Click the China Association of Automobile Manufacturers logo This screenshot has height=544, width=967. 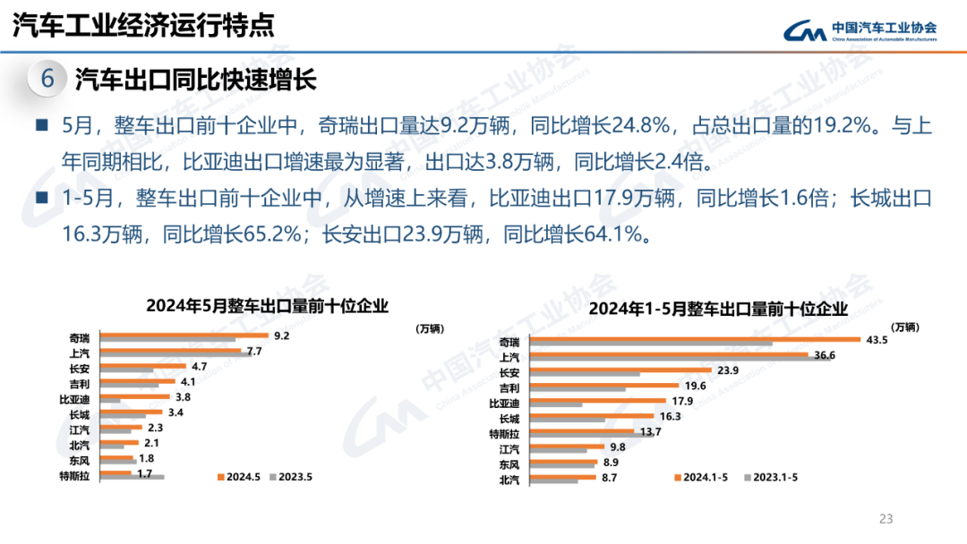point(860,31)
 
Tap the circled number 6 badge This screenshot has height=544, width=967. point(47,80)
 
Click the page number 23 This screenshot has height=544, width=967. point(886,518)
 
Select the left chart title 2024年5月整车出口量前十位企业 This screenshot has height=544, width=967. point(267,306)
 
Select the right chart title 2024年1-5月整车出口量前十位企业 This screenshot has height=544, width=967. point(717,310)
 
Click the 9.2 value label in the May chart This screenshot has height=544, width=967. point(281,336)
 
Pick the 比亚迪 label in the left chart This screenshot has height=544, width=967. point(74,398)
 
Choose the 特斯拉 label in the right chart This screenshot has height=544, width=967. point(504,434)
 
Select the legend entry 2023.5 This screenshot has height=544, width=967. point(290,477)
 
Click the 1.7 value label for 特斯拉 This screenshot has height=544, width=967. point(144,472)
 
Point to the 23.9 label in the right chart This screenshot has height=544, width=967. point(703,370)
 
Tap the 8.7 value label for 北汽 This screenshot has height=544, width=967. point(610,478)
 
